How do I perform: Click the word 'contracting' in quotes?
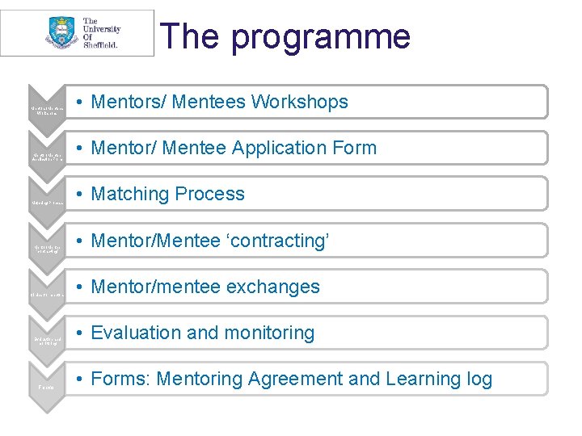click(x=276, y=240)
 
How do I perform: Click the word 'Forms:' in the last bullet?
click(x=121, y=379)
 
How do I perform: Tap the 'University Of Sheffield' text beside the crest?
click(x=102, y=33)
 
